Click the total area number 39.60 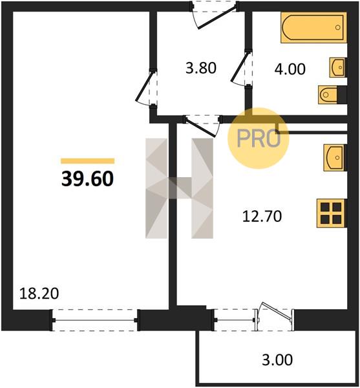click(87, 178)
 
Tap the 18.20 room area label click(39, 294)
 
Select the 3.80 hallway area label click(201, 68)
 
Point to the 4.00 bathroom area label click(290, 69)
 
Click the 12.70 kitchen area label click(262, 216)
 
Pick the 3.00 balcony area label click(277, 360)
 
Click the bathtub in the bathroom click(313, 27)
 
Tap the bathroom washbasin click(337, 67)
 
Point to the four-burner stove click(331, 213)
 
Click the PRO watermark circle click(258, 138)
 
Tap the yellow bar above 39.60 click(87, 161)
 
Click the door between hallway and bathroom click(242, 68)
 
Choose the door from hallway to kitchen click(202, 125)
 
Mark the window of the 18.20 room click(95, 319)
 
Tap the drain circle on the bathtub click(338, 27)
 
